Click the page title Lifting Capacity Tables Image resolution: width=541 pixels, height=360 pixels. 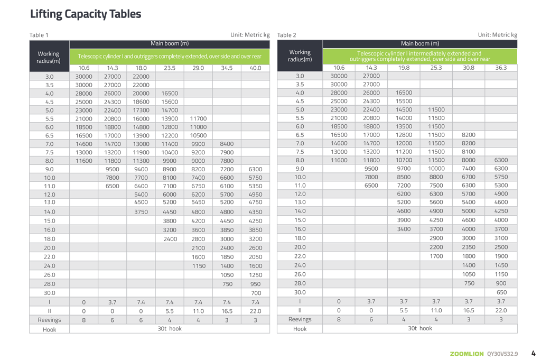(x=86, y=14)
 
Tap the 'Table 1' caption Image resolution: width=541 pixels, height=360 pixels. (x=39, y=35)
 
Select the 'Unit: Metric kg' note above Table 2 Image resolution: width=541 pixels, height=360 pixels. (x=497, y=35)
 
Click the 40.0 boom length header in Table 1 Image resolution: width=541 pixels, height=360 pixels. (x=255, y=68)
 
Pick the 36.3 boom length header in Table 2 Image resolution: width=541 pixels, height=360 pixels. (x=501, y=67)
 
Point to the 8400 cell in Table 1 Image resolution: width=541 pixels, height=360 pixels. (x=227, y=144)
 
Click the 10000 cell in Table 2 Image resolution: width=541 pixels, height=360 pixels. (x=436, y=169)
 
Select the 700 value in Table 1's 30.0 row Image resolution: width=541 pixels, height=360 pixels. (x=256, y=293)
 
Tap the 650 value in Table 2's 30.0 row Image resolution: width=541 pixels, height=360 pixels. (x=501, y=292)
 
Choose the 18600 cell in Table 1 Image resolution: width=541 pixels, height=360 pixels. (x=141, y=102)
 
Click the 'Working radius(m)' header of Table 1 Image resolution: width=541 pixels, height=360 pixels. (x=49, y=57)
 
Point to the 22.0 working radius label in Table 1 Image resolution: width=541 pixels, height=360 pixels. (x=49, y=257)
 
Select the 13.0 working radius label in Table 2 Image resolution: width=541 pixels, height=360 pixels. (x=300, y=202)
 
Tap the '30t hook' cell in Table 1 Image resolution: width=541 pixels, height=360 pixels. (x=169, y=329)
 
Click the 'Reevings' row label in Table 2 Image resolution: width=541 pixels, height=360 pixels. (x=300, y=319)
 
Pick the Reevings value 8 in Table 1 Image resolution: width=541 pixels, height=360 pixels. (x=83, y=320)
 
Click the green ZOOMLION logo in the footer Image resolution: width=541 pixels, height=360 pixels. (x=467, y=354)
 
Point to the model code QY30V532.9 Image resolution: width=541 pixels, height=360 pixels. (x=502, y=354)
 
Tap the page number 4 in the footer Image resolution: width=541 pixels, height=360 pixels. (x=533, y=353)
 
